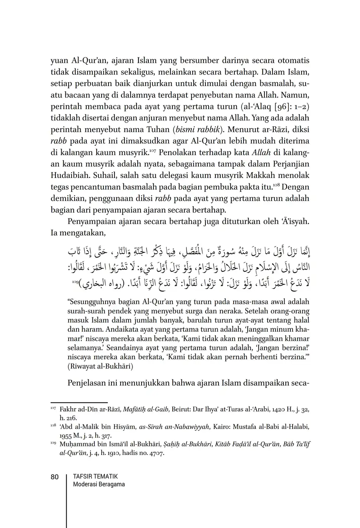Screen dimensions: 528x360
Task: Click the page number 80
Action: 54,477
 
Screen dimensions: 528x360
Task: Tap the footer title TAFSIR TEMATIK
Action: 95,476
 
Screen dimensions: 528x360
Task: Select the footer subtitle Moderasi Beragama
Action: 99,484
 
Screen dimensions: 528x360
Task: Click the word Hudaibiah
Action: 69,175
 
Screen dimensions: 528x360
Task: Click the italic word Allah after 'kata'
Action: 262,153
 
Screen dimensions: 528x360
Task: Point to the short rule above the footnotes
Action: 79,402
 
